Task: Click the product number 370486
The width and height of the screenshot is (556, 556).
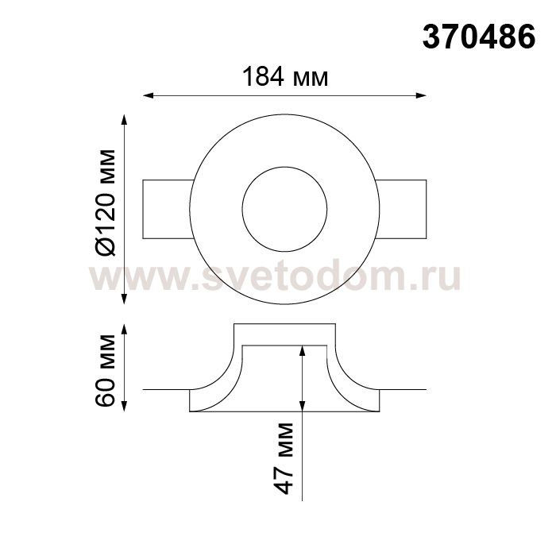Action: tap(479, 37)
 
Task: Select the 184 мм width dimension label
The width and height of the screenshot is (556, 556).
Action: tap(285, 76)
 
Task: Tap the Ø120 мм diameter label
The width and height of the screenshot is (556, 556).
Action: tap(106, 203)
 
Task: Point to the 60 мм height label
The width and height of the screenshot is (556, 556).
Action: tap(106, 370)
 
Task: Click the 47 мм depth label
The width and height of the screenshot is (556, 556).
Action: tap(284, 458)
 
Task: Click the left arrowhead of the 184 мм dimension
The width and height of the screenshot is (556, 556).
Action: tap(148, 95)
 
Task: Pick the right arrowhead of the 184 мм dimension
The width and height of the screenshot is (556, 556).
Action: tap(421, 95)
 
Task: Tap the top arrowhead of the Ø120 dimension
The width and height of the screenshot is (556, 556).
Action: tap(124, 119)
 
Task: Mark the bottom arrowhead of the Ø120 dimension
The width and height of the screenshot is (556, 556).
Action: tap(124, 299)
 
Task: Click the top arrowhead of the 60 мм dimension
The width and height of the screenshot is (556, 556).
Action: tap(124, 329)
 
